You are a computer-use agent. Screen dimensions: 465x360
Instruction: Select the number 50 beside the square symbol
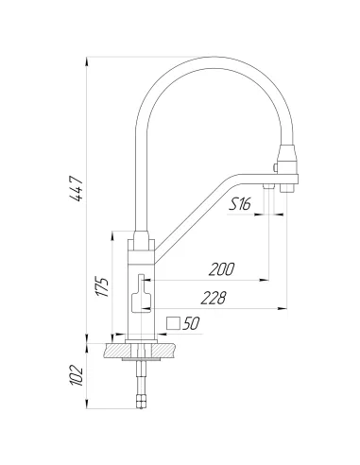pos(190,324)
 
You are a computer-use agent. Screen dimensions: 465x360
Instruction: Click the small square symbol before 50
pos(172,324)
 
